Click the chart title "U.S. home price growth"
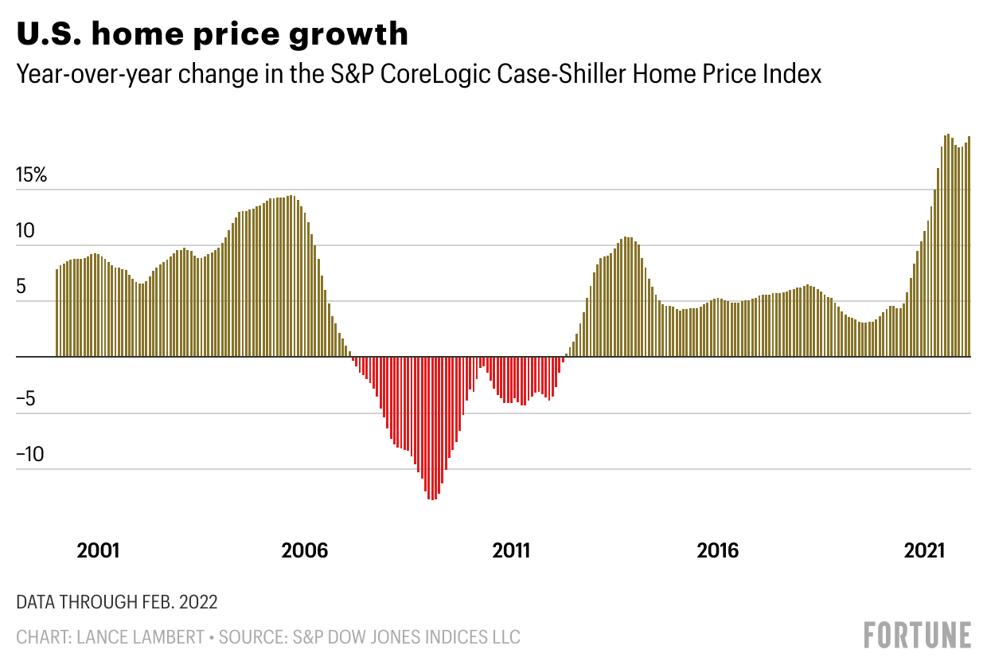tap(213, 34)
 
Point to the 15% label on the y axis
tap(32, 175)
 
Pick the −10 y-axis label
tap(32, 456)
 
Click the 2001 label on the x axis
tap(99, 550)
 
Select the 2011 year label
tap(511, 550)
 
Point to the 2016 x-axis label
tap(717, 550)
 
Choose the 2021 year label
tap(924, 550)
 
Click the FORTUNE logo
tap(918, 635)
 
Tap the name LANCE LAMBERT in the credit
tap(144, 637)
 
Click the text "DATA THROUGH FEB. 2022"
tap(117, 601)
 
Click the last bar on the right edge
tap(969, 247)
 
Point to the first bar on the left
tap(57, 313)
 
